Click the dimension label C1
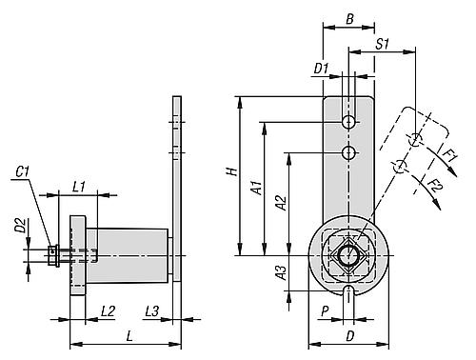coord(23,172)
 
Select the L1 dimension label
coord(79,187)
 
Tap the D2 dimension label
coord(21,225)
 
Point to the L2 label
coord(108,311)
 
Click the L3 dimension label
coord(151,311)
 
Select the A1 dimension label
coord(257,188)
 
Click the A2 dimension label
coord(281,203)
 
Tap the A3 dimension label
coord(281,273)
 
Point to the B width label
coord(349,19)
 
